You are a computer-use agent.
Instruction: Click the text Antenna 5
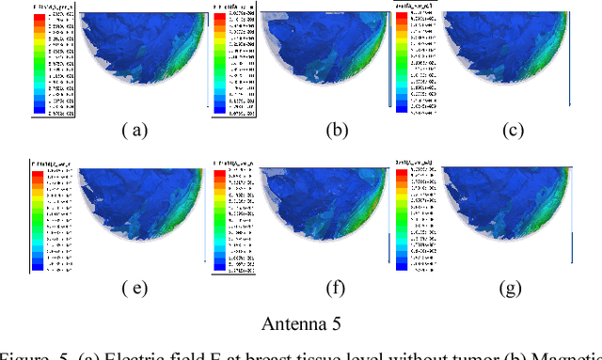coord(301,323)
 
